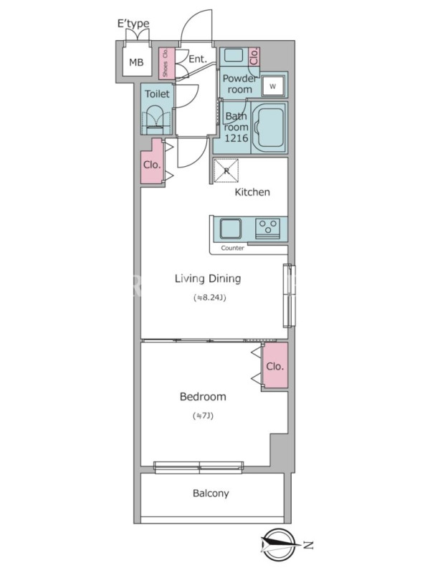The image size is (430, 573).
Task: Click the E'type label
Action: [133, 24]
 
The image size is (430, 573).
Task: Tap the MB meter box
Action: [136, 62]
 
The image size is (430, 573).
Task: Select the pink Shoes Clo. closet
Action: [166, 63]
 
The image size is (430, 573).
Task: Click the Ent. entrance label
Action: [198, 59]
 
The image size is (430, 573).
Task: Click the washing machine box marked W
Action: [273, 86]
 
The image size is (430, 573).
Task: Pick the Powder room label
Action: [239, 84]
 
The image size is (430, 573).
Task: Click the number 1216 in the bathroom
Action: [236, 138]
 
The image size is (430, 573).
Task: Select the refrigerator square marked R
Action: [226, 170]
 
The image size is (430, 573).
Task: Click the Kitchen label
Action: [252, 192]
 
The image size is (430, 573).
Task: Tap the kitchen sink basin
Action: [231, 228]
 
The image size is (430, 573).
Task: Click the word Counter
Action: [232, 248]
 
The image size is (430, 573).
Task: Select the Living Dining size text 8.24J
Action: [210, 298]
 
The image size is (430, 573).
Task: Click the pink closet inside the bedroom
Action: [275, 366]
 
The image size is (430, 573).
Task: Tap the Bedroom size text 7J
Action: [203, 416]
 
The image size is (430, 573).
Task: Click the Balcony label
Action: [211, 493]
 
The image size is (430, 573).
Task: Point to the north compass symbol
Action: [279, 545]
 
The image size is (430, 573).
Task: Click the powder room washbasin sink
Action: [234, 56]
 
